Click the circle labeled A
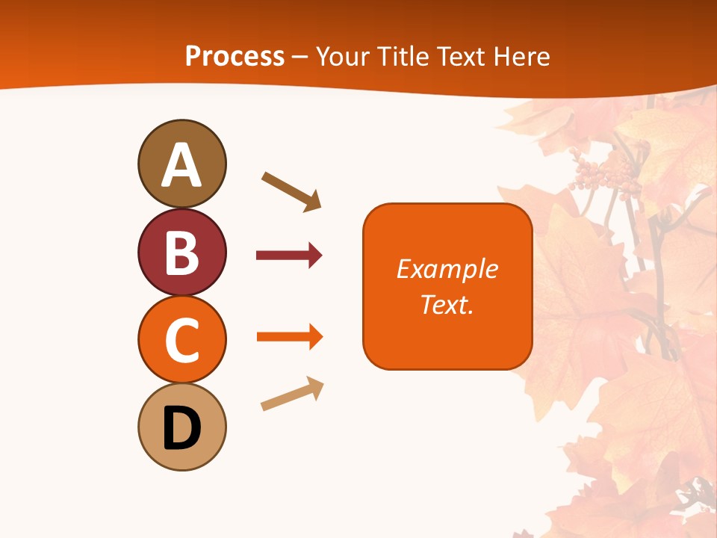coord(181,164)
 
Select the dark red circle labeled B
coord(181,252)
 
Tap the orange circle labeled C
coord(181,339)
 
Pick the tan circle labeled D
coord(181,427)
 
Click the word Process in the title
coord(235,57)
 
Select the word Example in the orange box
coord(447,269)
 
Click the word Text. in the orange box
coord(447,304)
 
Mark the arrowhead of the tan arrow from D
coord(316,386)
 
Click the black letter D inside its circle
coord(181,428)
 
